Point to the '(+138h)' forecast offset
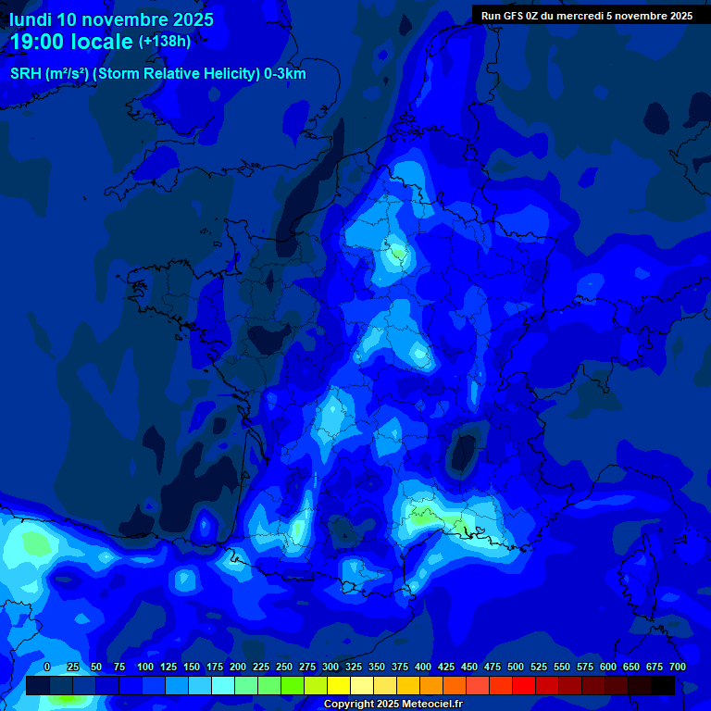(165, 42)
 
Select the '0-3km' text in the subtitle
(284, 74)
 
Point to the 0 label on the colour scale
(47, 667)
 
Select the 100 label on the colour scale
(145, 667)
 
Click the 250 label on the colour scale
(284, 667)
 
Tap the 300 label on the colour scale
(331, 667)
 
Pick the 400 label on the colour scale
(423, 667)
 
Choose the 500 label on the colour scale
(516, 667)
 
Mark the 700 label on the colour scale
(678, 667)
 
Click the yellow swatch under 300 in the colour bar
(339, 685)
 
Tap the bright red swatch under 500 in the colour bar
(524, 685)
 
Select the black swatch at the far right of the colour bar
(663, 685)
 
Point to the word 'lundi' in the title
(31, 19)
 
